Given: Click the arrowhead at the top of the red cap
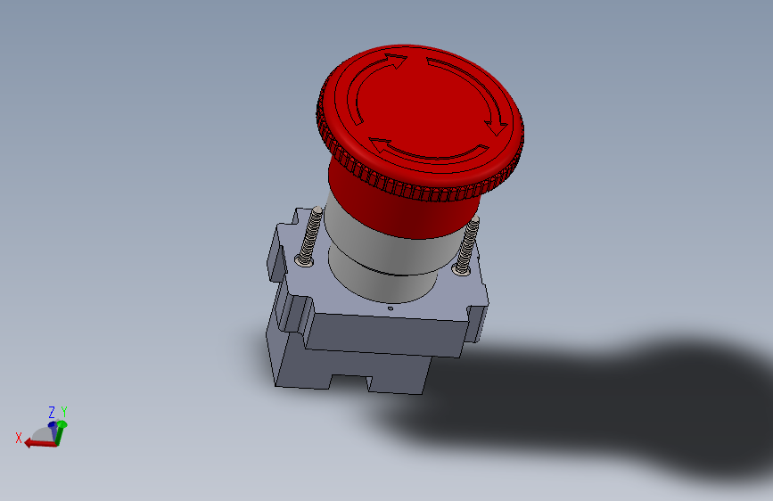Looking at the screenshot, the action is (398, 62).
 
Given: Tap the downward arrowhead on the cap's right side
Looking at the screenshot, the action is (497, 127).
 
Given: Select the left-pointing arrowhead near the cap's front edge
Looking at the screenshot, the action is (380, 145).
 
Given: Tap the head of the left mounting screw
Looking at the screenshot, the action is (304, 260).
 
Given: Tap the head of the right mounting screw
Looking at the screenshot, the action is (462, 269).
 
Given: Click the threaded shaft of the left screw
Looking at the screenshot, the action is (311, 232).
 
